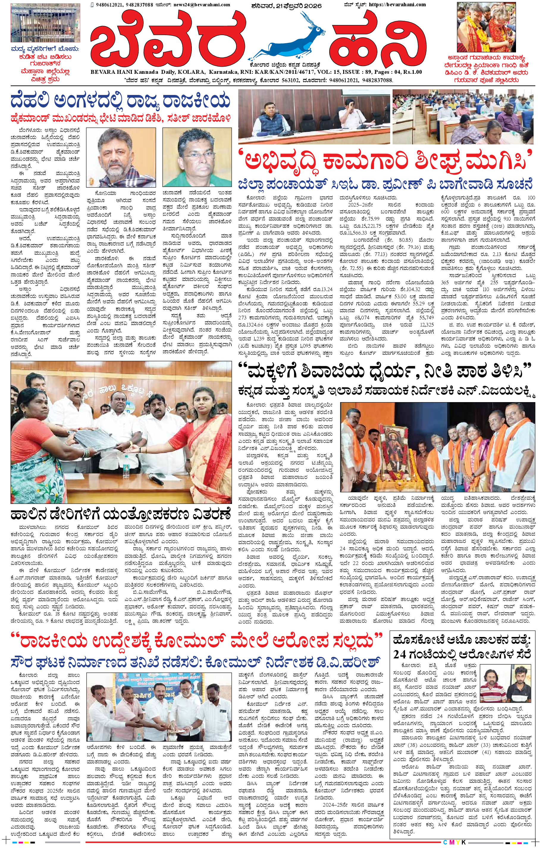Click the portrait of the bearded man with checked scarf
tap(121, 157)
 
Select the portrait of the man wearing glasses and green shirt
tap(197, 157)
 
